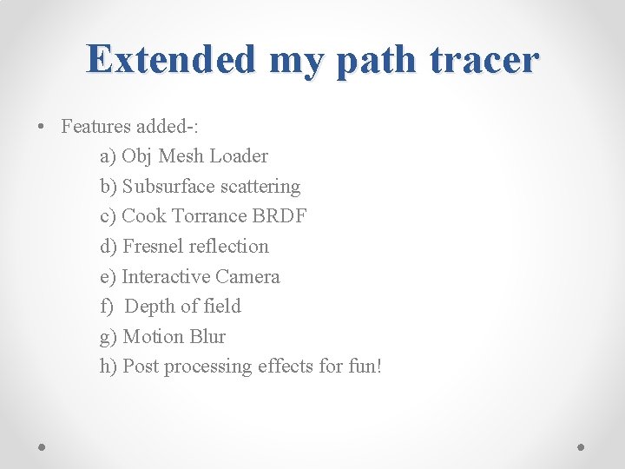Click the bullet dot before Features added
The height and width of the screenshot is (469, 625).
tap(41, 127)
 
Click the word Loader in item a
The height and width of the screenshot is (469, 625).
tap(239, 156)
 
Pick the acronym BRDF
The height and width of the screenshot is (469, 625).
tap(280, 216)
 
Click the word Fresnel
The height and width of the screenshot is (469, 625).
tap(153, 247)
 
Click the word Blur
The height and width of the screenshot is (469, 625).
tap(207, 337)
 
